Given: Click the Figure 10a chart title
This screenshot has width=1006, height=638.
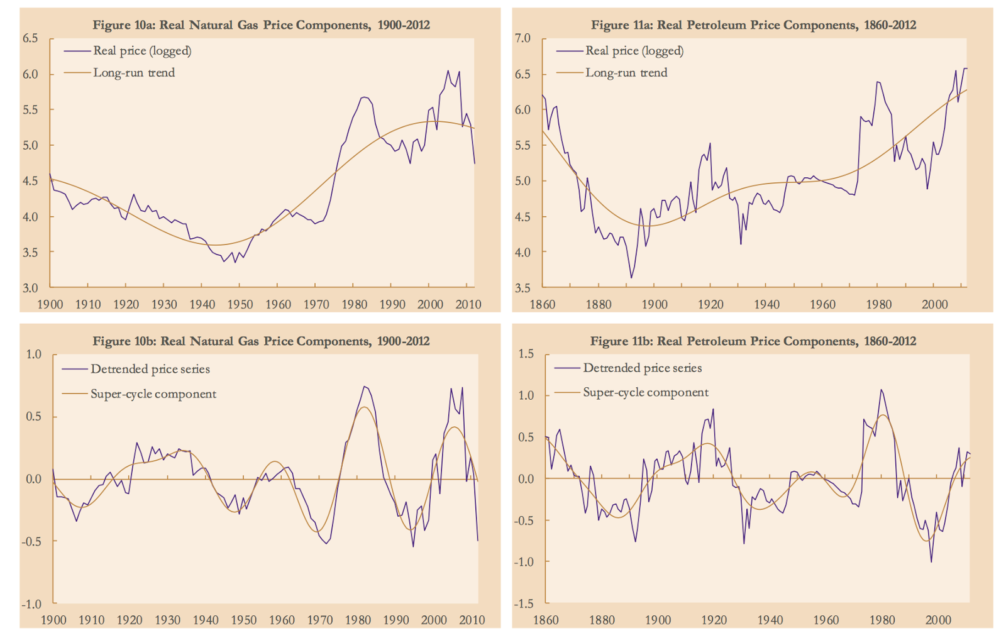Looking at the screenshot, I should [261, 25].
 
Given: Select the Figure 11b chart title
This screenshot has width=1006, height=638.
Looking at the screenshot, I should [753, 341].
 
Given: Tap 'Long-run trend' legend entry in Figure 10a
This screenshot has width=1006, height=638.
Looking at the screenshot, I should [134, 73].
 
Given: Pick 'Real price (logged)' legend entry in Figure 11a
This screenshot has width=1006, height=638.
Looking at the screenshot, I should [634, 51].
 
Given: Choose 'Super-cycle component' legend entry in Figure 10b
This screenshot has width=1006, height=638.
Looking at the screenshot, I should [153, 394].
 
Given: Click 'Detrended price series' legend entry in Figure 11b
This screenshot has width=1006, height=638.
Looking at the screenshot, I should [642, 368].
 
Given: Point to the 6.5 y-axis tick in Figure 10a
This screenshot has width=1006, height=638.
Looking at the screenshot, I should [30, 38].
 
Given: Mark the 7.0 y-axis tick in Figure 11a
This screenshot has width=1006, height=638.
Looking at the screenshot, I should [522, 38].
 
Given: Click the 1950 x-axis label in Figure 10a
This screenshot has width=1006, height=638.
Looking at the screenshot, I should [240, 305].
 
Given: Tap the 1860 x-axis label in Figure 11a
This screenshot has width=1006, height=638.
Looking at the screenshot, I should [542, 305].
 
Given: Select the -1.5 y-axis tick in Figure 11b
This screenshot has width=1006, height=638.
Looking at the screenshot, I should [523, 603].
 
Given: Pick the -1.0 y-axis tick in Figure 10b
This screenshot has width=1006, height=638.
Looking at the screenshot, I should [31, 604].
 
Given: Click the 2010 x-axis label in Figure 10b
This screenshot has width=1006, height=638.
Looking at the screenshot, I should [472, 620].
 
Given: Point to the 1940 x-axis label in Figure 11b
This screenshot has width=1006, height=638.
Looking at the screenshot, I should [770, 620].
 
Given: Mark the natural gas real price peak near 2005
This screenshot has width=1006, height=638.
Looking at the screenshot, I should [448, 70].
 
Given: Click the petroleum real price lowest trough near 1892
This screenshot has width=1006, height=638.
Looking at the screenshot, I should [631, 278].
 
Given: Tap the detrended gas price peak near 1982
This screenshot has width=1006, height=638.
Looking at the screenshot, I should [365, 387].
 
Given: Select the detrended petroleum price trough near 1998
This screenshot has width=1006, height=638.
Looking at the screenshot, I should [931, 562].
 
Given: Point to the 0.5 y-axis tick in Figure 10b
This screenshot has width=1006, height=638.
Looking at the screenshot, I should [33, 417].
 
